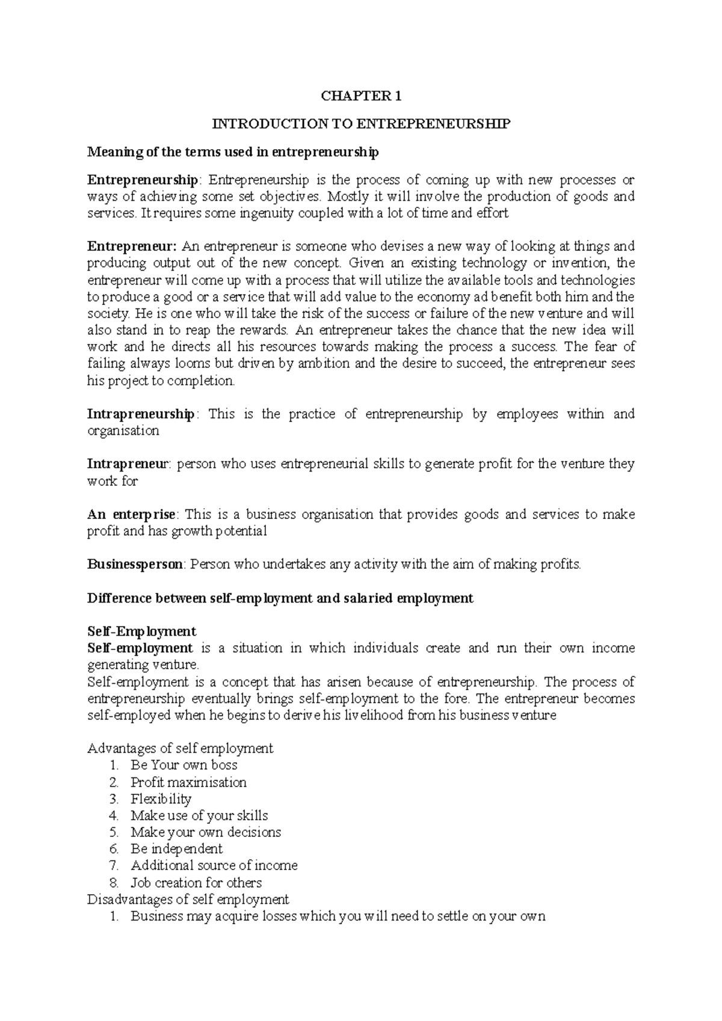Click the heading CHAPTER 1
(361, 96)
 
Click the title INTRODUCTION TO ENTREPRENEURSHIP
(361, 124)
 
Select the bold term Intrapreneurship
(141, 414)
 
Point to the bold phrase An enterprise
(131, 515)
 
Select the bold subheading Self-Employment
(141, 631)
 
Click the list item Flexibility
(161, 799)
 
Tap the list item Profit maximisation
(188, 782)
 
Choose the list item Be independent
(176, 849)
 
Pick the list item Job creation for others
(196, 883)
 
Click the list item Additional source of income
(214, 866)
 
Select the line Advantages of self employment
(180, 749)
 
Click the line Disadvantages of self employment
(188, 900)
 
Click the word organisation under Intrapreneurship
(123, 431)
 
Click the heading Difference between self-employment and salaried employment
(280, 598)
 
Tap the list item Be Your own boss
(184, 765)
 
